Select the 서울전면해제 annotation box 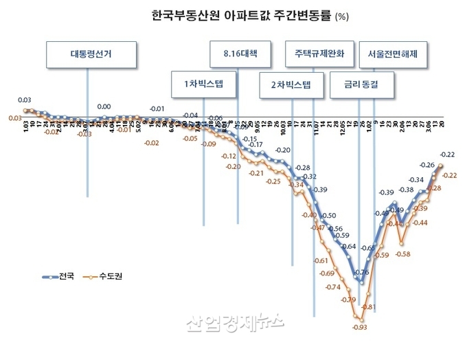397,54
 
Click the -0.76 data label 362,272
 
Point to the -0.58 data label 403,254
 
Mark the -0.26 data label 426,165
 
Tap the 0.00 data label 104,106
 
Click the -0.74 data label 333,286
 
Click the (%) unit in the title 341,16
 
